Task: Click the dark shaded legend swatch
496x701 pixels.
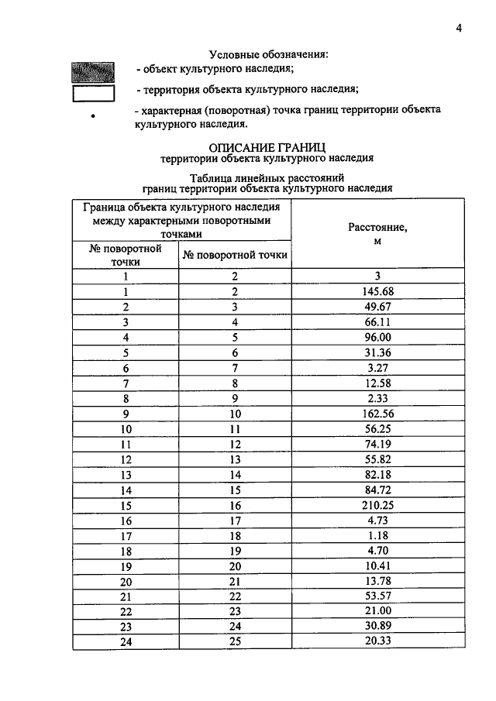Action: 93,72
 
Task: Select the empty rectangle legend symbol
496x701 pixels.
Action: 93,94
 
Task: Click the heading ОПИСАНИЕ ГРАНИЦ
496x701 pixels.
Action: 267,146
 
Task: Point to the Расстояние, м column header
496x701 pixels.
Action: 378,234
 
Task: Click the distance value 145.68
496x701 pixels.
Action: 378,291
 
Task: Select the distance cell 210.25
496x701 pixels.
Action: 378,503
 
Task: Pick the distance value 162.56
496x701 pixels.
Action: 378,413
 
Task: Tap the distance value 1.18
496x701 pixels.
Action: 378,534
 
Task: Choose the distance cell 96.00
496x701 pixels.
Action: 378,337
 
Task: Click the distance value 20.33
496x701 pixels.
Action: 378,641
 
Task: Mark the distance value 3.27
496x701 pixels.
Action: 378,367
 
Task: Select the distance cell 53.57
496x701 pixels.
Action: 378,595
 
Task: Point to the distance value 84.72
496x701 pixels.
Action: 378,489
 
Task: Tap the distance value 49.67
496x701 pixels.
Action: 378,307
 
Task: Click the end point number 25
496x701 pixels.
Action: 236,641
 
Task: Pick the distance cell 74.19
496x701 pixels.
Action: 378,443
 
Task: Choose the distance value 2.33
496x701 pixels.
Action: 378,397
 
